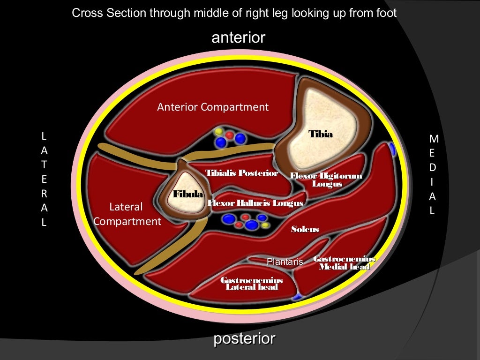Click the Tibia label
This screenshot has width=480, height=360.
tap(321, 135)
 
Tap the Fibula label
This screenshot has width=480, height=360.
tap(188, 194)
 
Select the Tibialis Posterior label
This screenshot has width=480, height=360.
tap(242, 173)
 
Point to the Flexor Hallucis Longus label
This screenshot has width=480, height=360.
tap(255, 203)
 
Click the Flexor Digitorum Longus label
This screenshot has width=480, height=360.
tap(326, 180)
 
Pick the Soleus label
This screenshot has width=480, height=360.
tap(305, 229)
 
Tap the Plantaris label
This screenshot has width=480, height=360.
tap(285, 262)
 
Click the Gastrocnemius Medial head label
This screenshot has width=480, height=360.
tap(344, 262)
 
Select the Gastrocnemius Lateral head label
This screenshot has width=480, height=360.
tap(252, 283)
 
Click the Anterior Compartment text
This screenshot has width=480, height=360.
tap(213, 107)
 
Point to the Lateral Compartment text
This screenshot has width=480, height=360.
tap(127, 214)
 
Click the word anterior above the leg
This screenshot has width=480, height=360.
tap(239, 37)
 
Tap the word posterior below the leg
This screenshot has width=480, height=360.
tap(244, 338)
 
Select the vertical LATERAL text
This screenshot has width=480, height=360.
tap(44, 179)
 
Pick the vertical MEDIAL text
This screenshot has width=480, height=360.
tap(434, 174)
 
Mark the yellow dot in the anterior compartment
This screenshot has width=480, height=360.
tap(218, 130)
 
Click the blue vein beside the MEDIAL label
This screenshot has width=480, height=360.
tap(392, 150)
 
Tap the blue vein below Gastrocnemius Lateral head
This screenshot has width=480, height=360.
tap(296, 297)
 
